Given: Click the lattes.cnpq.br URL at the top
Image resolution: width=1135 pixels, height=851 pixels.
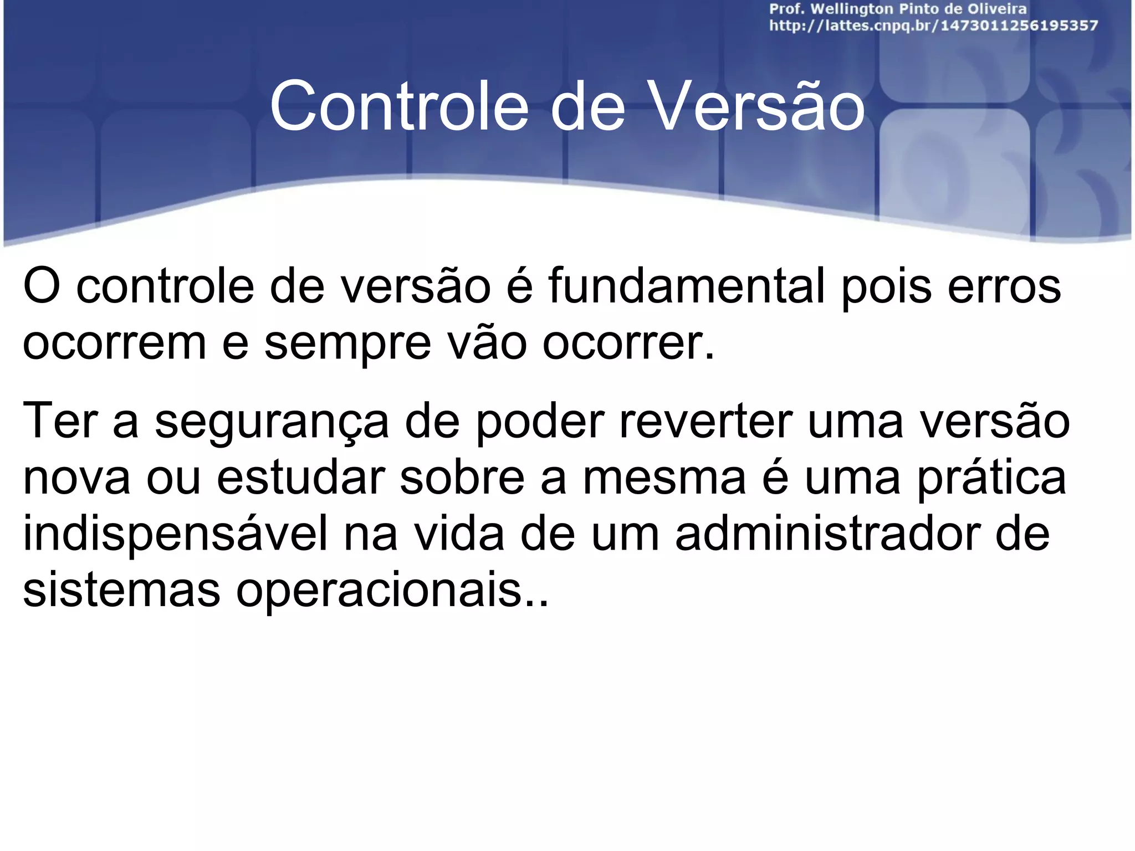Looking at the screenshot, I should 933,26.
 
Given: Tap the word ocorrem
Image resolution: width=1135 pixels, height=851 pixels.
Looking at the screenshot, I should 114,343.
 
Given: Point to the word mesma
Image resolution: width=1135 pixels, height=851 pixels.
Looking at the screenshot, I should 664,479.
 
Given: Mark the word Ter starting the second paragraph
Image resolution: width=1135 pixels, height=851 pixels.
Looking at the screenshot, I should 60,421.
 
